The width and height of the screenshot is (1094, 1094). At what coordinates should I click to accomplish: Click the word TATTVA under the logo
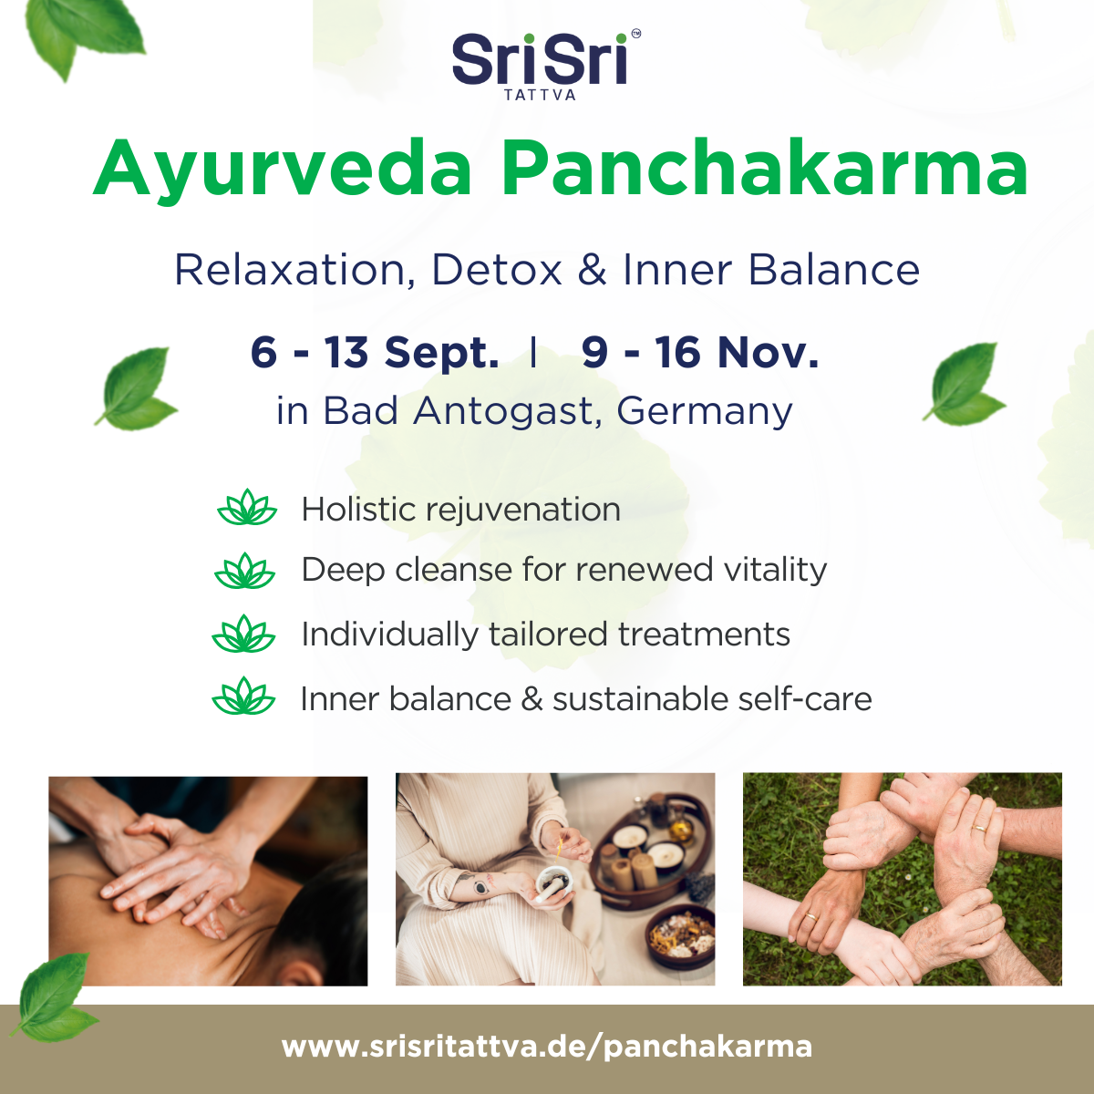(540, 96)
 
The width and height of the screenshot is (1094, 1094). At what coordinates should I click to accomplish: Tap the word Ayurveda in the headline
(283, 170)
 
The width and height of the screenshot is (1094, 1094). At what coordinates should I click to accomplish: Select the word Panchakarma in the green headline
(764, 168)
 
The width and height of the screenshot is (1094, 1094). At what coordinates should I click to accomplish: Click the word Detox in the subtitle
(497, 270)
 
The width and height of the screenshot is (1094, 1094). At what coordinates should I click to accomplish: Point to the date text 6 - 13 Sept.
(375, 353)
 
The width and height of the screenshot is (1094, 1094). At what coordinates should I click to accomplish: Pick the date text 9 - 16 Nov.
(700, 352)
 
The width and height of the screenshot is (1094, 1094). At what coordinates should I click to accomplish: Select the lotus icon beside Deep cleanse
(244, 570)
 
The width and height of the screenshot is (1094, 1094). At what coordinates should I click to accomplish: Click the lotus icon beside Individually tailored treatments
(243, 633)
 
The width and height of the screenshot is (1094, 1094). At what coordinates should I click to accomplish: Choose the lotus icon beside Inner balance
(243, 696)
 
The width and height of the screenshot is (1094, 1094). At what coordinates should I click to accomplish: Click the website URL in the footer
(547, 1046)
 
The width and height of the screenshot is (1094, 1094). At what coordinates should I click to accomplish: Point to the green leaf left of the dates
(136, 388)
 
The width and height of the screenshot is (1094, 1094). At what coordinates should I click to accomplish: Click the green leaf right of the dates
(965, 384)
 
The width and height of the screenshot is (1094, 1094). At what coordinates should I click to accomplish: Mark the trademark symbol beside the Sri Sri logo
(635, 34)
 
